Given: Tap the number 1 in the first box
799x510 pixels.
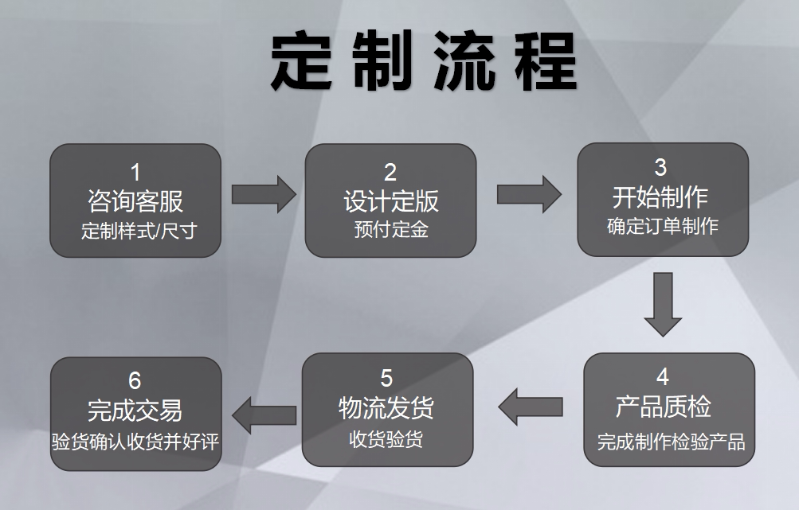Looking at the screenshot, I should (x=135, y=172).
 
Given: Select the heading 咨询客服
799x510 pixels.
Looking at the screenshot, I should (x=135, y=200).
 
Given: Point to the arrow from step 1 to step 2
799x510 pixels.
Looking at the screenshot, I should (x=264, y=194).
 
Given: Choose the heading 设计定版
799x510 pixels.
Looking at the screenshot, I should (x=391, y=200).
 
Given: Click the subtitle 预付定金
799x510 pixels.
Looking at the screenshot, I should (x=391, y=230).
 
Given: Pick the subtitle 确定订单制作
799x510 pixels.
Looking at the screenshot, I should (x=663, y=226).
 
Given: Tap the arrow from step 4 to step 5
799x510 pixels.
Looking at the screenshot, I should (x=530, y=407).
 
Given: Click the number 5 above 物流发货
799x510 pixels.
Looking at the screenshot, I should (x=387, y=379).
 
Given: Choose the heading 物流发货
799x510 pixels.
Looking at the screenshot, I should (x=387, y=408).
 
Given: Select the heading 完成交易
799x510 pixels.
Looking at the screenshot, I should (x=135, y=411).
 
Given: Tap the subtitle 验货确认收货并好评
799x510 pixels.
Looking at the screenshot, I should (x=135, y=441).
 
